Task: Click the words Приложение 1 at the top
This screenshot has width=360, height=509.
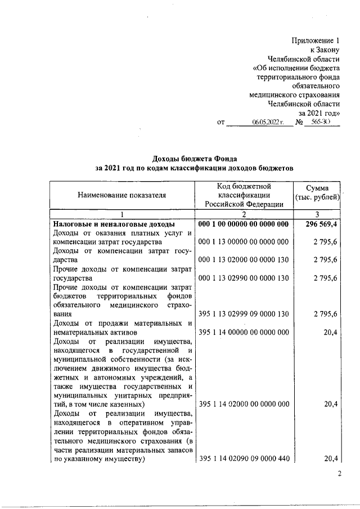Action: pyautogui.click(x=316, y=40)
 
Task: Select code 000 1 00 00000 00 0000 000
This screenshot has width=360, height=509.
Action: pyautogui.click(x=244, y=224)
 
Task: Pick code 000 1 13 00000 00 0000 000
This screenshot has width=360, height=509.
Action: pyautogui.click(x=244, y=242)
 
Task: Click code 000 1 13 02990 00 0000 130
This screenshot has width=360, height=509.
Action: pyautogui.click(x=244, y=278)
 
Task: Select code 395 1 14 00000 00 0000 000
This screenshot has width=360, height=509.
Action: pyautogui.click(x=244, y=332)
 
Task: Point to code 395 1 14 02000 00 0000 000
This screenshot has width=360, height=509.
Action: pyautogui.click(x=244, y=404)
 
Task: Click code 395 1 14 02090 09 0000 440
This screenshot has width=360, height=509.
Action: pyautogui.click(x=244, y=459)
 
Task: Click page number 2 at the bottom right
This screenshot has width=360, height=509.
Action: pyautogui.click(x=339, y=474)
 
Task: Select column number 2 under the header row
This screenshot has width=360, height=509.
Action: pyautogui.click(x=244, y=214)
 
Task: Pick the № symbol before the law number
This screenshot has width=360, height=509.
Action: pyautogui.click(x=300, y=122)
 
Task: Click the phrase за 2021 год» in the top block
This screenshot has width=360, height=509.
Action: pyautogui.click(x=319, y=112)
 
